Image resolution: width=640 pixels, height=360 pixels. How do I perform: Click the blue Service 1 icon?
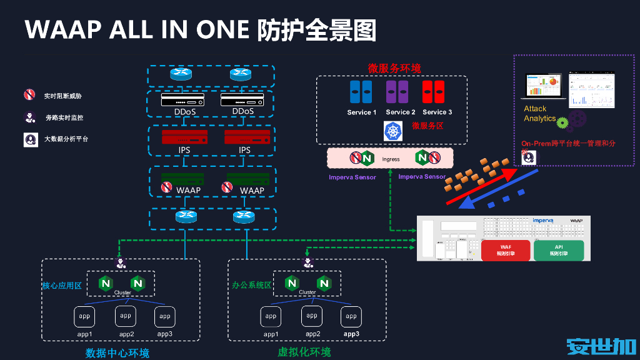[361, 92]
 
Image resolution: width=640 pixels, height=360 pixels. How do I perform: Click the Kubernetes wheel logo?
[393, 130]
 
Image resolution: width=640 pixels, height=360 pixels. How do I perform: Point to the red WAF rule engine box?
[506, 250]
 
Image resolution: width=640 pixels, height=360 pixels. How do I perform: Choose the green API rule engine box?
[558, 250]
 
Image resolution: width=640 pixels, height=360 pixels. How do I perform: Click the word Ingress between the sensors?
[391, 159]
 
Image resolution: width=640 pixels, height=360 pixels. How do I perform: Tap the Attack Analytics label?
[539, 114]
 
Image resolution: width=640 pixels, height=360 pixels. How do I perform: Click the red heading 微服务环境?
[394, 68]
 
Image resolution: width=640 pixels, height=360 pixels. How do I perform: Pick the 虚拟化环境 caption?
[304, 352]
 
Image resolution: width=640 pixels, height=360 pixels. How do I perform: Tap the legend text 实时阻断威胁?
[62, 96]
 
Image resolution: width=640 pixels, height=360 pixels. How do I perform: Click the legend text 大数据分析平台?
[66, 139]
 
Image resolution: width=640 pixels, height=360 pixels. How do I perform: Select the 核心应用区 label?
[62, 286]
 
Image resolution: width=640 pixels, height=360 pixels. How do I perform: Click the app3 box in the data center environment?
[165, 317]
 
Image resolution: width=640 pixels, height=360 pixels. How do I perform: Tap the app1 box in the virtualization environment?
[271, 317]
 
